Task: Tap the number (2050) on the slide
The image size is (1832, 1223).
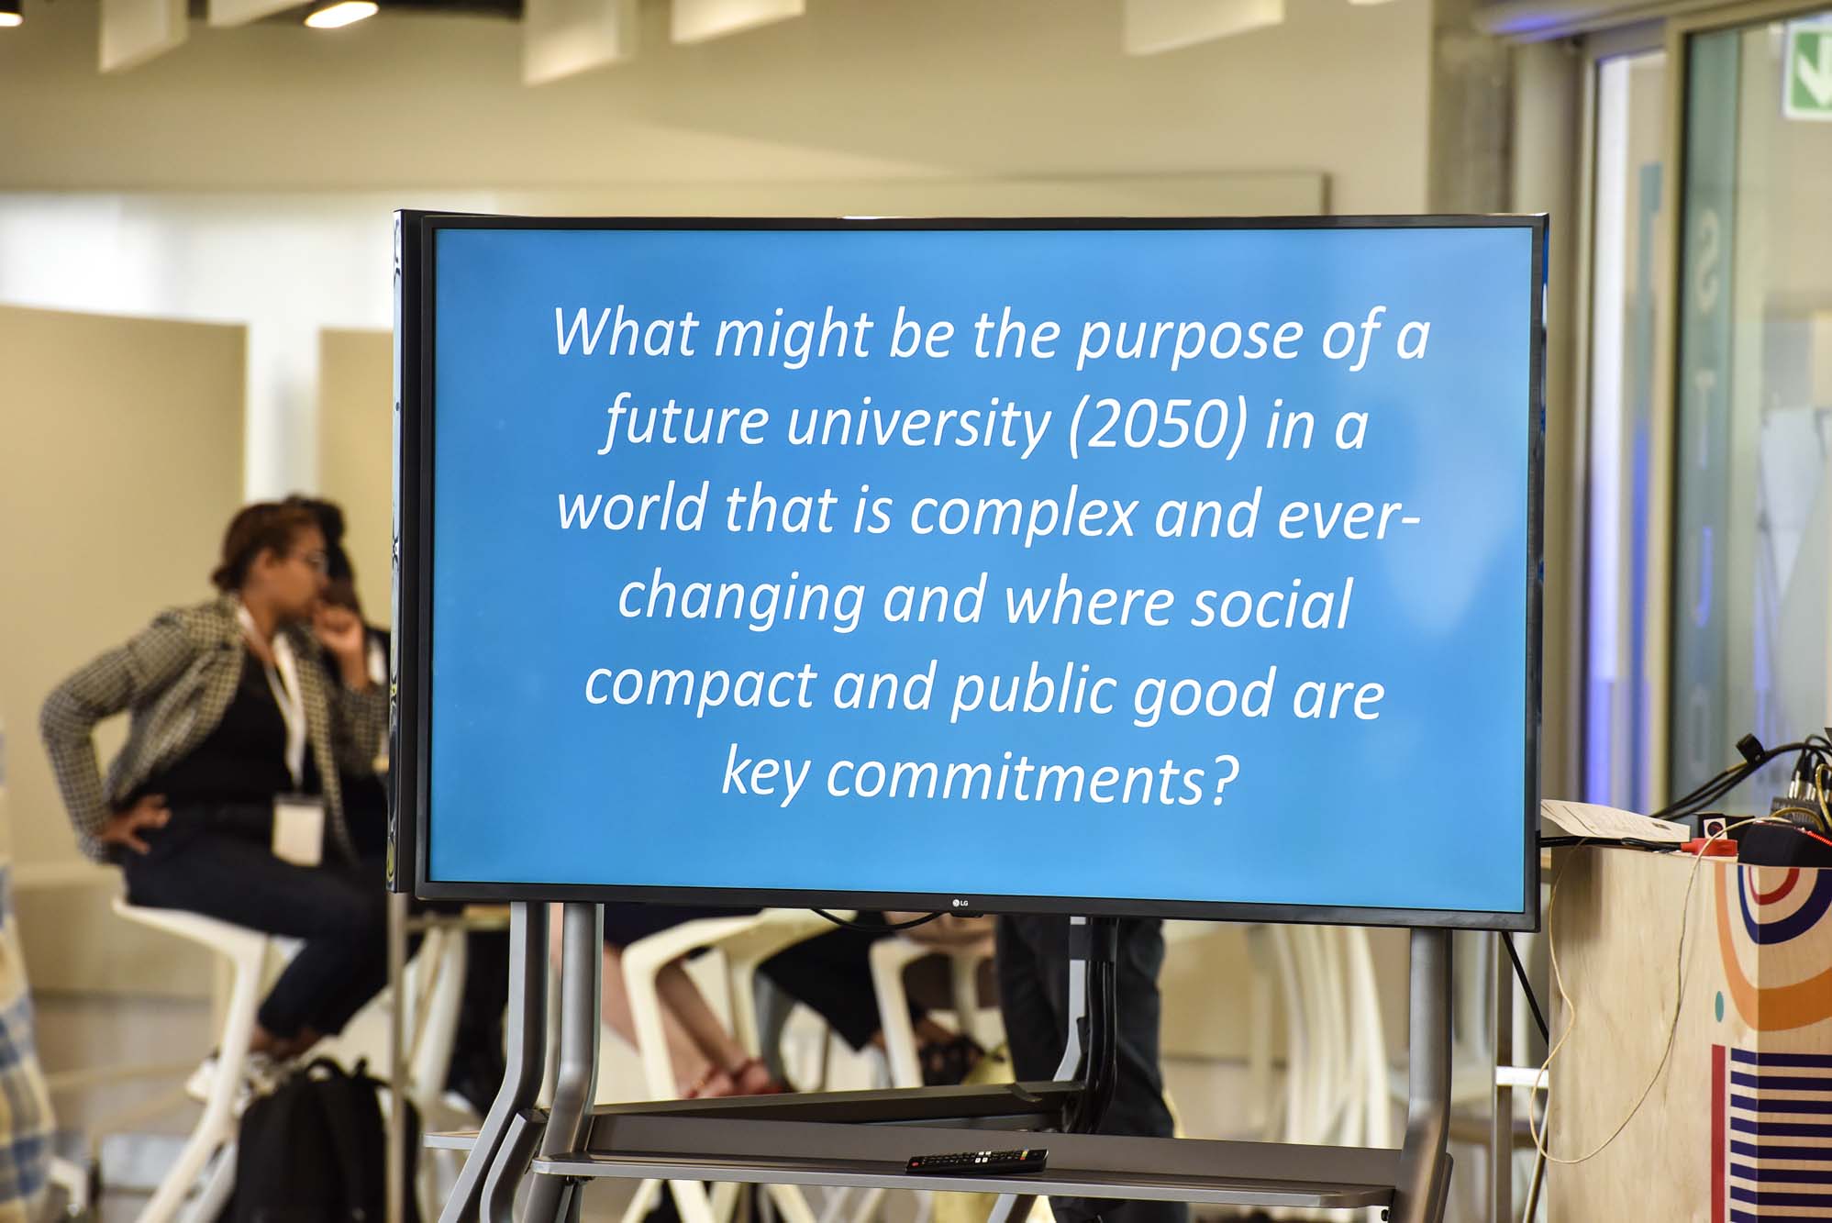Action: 1159,425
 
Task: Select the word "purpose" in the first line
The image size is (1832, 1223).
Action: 1188,337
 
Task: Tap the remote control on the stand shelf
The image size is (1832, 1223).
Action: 976,1161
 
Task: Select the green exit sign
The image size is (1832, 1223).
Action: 1806,70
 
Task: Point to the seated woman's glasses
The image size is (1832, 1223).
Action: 315,561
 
